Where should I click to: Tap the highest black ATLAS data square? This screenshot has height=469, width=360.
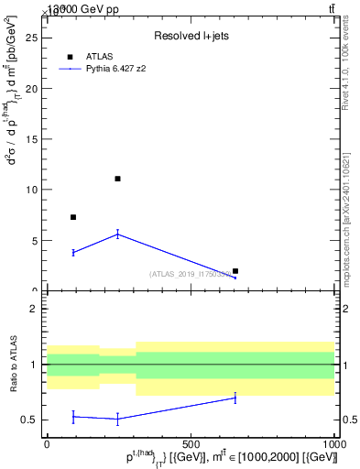[x=117, y=179]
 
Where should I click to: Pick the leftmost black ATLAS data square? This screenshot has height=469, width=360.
[x=73, y=217]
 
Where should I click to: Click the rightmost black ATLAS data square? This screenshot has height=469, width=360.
[x=235, y=271]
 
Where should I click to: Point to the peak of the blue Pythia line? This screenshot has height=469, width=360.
[x=117, y=234]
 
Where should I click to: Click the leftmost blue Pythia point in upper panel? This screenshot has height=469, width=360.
[x=73, y=252]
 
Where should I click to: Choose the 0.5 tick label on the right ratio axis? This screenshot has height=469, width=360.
[x=347, y=420]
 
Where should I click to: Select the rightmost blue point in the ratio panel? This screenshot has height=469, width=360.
[x=235, y=398]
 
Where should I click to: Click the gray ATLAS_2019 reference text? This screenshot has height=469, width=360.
[x=193, y=274]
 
